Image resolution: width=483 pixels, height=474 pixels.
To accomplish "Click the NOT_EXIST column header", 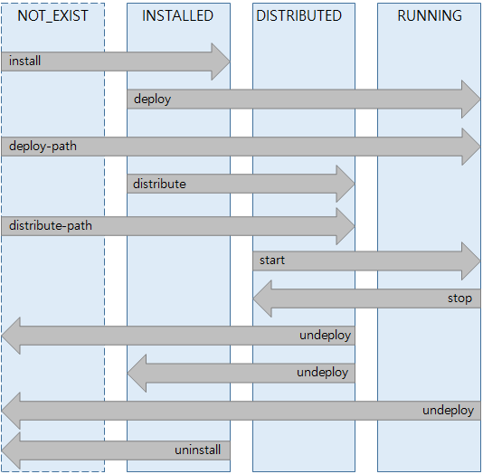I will tap(53, 15).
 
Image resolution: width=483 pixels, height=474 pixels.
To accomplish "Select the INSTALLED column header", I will tap(178, 15).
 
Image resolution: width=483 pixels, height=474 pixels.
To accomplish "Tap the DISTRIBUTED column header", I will tap(298, 15).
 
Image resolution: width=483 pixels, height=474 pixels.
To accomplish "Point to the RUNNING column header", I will tap(430, 15).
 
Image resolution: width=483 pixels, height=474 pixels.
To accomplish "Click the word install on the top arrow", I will tap(25, 62).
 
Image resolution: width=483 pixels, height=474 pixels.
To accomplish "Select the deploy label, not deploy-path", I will tap(152, 99).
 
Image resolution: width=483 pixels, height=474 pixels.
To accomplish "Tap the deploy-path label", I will tap(43, 146).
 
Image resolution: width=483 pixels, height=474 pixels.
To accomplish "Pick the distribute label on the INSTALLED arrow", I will tap(159, 184).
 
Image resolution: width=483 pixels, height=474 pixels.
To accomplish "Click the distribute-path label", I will tap(51, 225).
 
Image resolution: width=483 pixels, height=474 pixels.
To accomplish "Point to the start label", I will tap(272, 261).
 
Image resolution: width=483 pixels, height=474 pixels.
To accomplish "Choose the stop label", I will tap(459, 299).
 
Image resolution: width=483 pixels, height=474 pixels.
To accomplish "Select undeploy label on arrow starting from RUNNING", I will tap(448, 411).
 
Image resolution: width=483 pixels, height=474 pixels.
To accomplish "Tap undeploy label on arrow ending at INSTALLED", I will tap(323, 373).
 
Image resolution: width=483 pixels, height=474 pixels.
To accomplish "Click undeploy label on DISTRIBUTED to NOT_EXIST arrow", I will tap(325, 336).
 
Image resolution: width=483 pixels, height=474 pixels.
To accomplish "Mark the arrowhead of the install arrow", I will tap(221, 62).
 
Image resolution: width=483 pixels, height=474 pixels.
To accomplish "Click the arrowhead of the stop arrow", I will tap(263, 299).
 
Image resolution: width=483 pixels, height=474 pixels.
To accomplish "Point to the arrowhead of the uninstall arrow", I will tap(12, 450).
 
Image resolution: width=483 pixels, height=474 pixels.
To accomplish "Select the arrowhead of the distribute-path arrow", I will tap(345, 225).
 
